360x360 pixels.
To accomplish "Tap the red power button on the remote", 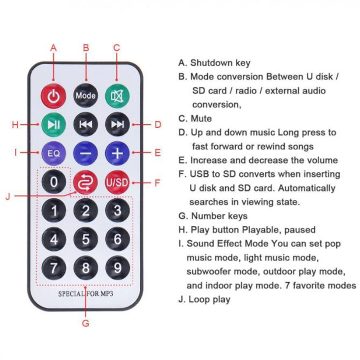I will click(54, 95).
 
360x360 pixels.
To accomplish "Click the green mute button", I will click(117, 95).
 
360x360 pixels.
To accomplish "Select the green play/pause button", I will click(54, 124).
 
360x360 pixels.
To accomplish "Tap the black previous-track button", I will click(86, 124).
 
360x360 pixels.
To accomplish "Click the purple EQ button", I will click(54, 153).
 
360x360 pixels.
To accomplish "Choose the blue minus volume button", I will click(86, 153).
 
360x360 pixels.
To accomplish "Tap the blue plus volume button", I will click(117, 153).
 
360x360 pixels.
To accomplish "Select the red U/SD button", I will click(117, 182).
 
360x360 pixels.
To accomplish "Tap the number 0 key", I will click(54, 182).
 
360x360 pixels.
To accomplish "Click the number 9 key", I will click(117, 268).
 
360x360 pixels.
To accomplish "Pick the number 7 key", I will click(54, 268).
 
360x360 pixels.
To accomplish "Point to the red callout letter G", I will click(86, 323).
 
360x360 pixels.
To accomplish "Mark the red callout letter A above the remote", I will click(54, 48).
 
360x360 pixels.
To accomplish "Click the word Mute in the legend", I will click(201, 119).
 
